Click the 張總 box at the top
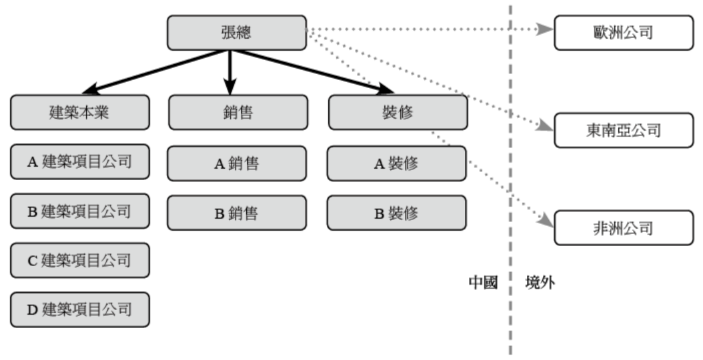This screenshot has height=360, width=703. pos(235,33)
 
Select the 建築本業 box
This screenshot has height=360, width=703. pos(79,113)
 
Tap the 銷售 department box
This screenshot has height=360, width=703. pos(237,113)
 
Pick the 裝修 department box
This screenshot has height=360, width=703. pos(398,113)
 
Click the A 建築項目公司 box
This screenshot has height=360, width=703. pos(79,163)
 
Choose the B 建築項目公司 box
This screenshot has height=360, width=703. pos(79,211)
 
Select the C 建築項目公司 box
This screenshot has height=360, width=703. pos(79,260)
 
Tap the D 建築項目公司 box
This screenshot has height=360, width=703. pos(79,309)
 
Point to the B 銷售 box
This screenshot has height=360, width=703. pos(237,212)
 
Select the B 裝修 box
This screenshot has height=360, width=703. pos(398,212)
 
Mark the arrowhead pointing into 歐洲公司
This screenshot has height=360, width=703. pos(546,29)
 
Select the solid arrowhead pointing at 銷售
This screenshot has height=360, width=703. pos(230,87)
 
